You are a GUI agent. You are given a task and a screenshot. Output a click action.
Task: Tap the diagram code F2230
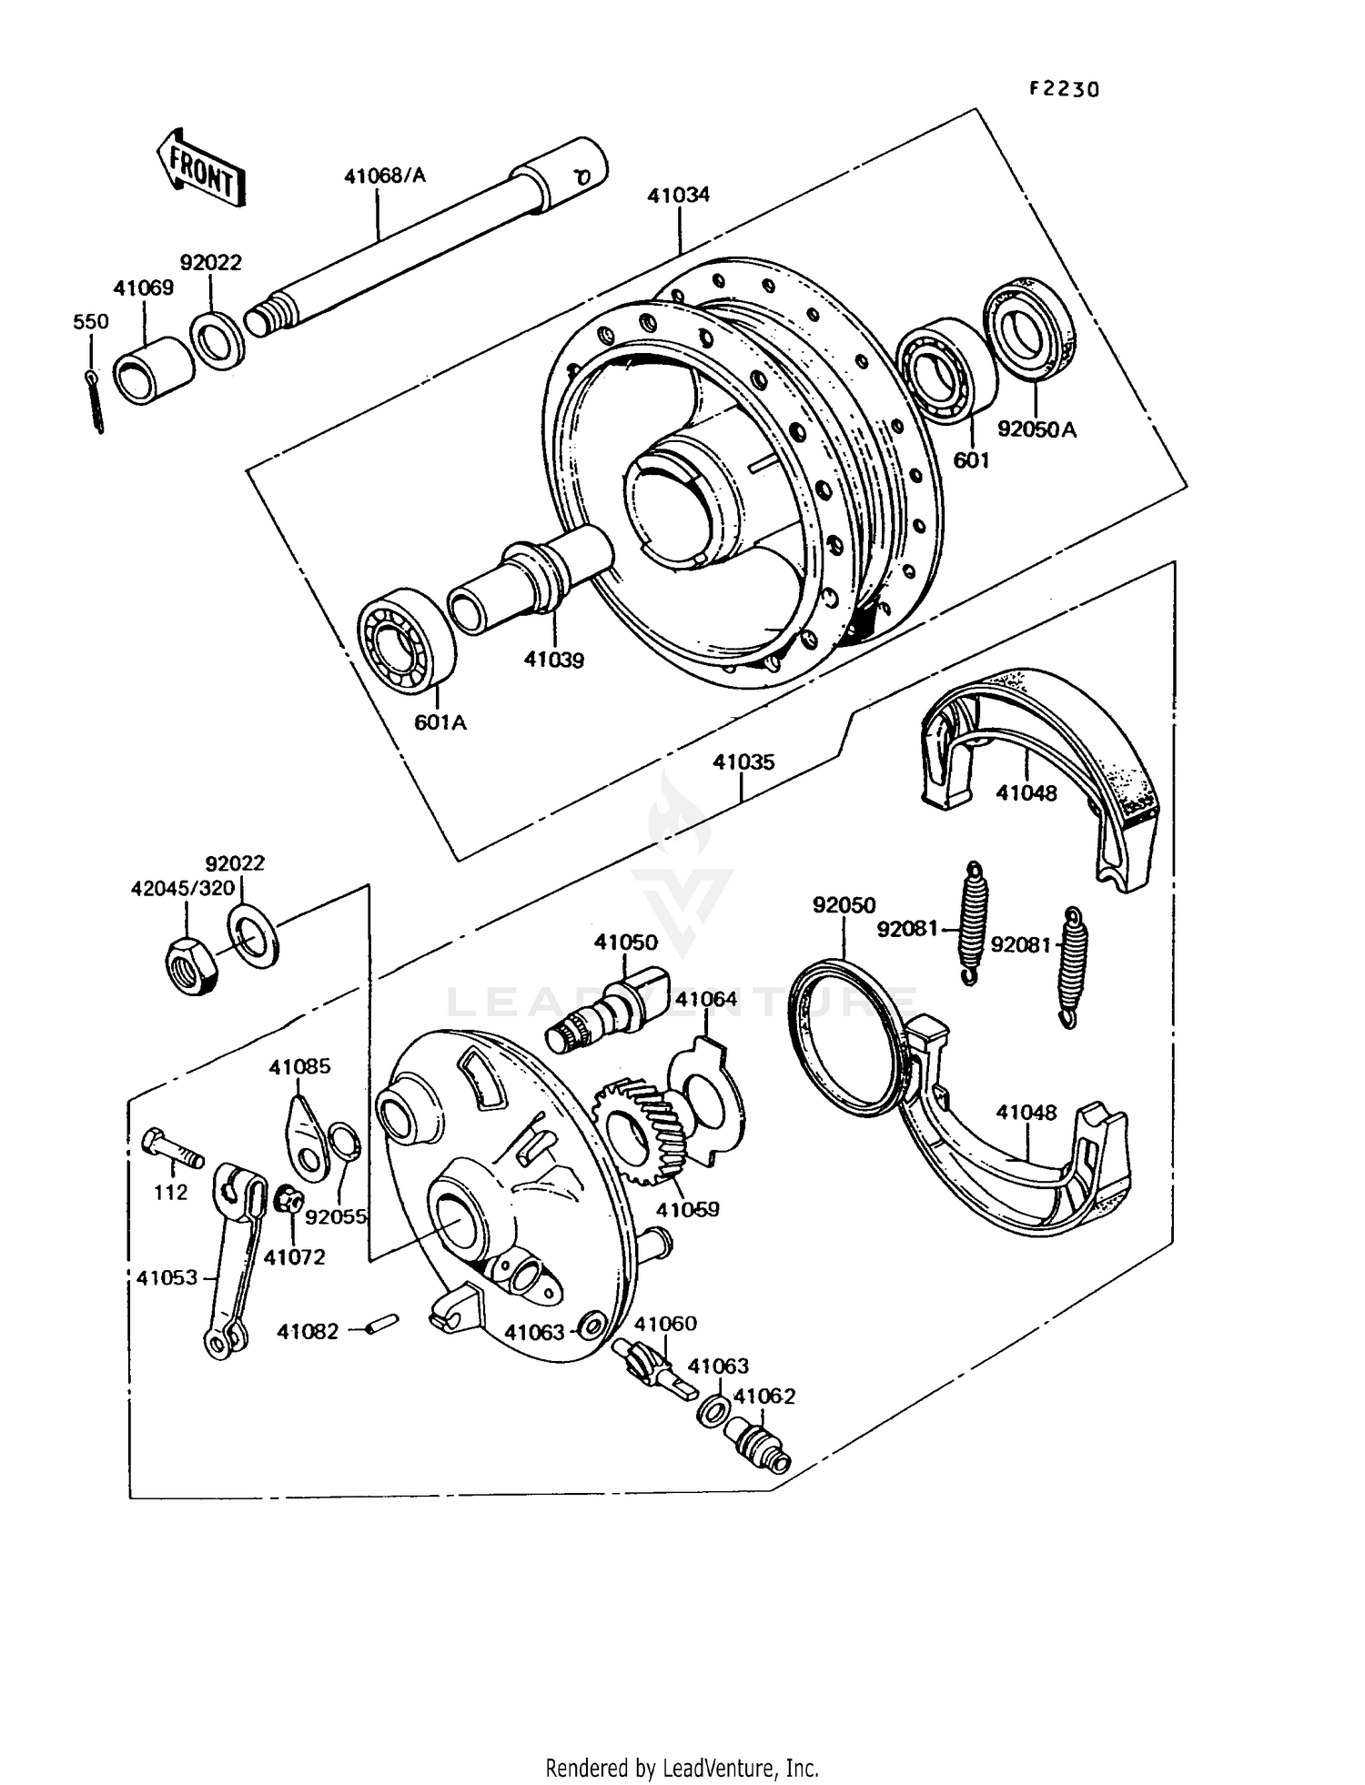point(1064,89)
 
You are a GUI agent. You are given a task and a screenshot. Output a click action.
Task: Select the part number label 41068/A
point(384,176)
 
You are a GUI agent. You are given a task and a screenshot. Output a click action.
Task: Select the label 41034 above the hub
point(679,196)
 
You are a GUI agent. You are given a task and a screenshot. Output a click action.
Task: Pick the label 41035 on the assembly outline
point(743,762)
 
